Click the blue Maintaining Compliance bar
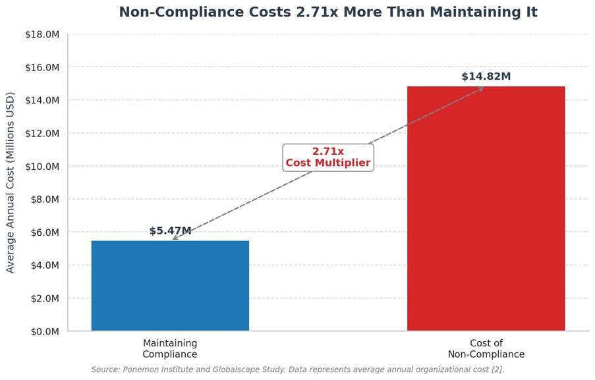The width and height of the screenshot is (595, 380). pos(170,286)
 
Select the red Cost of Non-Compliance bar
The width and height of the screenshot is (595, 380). pos(486,209)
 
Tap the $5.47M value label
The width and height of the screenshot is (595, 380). pos(170,231)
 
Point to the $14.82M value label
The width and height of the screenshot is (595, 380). pos(486,76)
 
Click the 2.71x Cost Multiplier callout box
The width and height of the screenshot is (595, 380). pos(328,157)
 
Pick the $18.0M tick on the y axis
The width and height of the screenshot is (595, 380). pos(42,34)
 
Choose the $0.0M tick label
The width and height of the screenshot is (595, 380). pos(45,331)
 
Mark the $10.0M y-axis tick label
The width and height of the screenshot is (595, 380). pos(42,167)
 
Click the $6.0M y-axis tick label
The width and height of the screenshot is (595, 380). pos(45,232)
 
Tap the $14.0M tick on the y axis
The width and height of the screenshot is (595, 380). pos(42,101)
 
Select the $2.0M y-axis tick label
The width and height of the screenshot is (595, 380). pos(45,298)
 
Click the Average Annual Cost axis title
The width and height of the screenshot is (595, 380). pos(10,182)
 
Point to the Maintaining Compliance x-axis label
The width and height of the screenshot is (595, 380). pos(170,348)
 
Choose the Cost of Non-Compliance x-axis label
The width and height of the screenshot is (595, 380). pos(486,348)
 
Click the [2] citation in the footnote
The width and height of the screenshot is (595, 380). pos(497,369)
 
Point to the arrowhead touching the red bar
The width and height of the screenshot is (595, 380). pos(481,89)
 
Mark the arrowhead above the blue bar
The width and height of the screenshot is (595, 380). pos(175,237)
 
